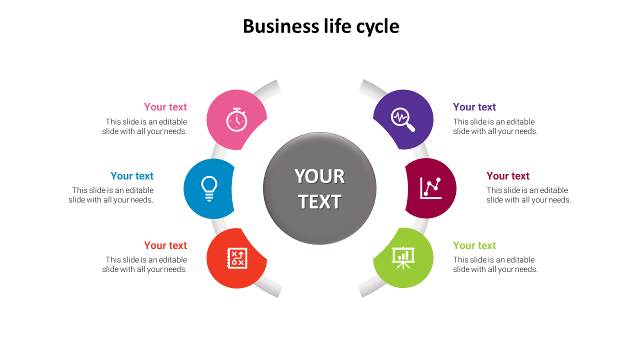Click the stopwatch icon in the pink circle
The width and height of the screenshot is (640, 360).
coord(236,120)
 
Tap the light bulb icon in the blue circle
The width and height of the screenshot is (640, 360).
coord(209,188)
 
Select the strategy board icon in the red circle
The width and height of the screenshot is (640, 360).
coord(236,258)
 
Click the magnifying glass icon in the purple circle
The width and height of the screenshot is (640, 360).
coord(403,120)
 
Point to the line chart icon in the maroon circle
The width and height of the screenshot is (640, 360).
coord(430,188)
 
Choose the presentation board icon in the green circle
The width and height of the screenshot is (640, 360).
coord(403,257)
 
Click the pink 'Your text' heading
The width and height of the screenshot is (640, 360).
coord(165,107)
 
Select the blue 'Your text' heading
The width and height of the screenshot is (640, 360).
coord(132,176)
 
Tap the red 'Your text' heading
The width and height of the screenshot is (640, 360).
coord(165,245)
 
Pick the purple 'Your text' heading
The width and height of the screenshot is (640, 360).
coord(474,107)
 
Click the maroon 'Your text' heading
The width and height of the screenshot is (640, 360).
coord(508,176)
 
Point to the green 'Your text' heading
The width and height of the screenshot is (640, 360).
coord(474,245)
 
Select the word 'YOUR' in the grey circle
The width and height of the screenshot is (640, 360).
coord(319,176)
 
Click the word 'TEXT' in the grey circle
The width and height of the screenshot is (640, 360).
coord(319,202)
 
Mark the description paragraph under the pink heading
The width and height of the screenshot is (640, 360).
coord(145,126)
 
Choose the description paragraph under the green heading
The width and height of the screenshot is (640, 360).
coord(495,264)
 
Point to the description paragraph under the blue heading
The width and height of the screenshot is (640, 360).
coord(111,195)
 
